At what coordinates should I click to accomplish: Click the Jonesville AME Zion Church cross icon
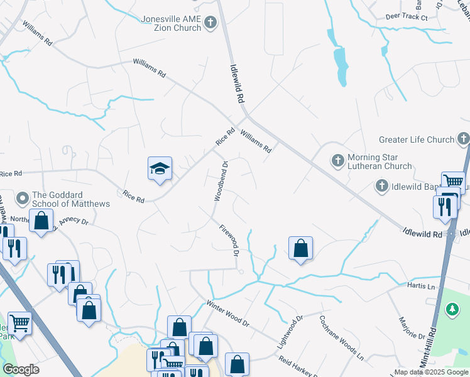(210, 23)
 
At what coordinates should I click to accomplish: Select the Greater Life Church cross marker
(463, 139)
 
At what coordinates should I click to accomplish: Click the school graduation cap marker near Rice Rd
(160, 168)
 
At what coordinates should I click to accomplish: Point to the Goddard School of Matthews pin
(23, 199)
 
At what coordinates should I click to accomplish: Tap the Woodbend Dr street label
(221, 181)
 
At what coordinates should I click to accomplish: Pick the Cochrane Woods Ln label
(342, 336)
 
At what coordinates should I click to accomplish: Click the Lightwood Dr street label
(290, 332)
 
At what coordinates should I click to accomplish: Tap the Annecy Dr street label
(75, 221)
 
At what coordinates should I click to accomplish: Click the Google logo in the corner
(21, 369)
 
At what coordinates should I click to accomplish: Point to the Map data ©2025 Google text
(431, 372)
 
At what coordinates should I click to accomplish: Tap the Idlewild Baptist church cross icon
(381, 185)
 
